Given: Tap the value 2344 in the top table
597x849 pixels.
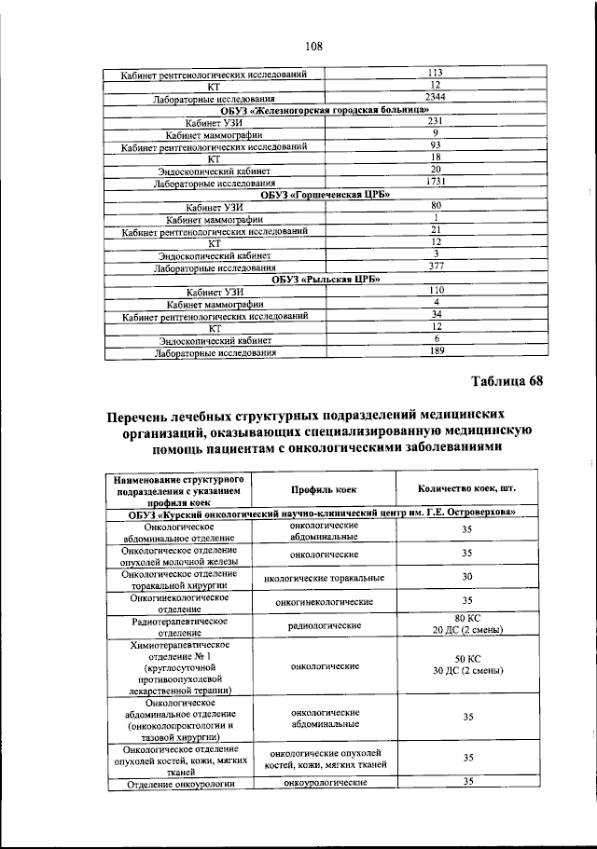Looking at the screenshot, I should coord(435,97).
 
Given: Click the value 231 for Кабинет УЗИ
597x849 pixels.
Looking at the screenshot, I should coord(435,121).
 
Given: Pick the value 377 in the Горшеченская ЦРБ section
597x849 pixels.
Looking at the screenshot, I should coord(435,266).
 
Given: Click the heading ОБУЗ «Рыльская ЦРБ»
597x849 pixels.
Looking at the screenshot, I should coord(325,278).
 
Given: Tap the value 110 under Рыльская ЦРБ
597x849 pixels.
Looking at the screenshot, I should coord(435,290).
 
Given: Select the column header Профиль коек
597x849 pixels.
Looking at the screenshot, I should coord(323,489).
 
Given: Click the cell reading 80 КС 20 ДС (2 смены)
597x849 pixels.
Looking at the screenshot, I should coord(467,624).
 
